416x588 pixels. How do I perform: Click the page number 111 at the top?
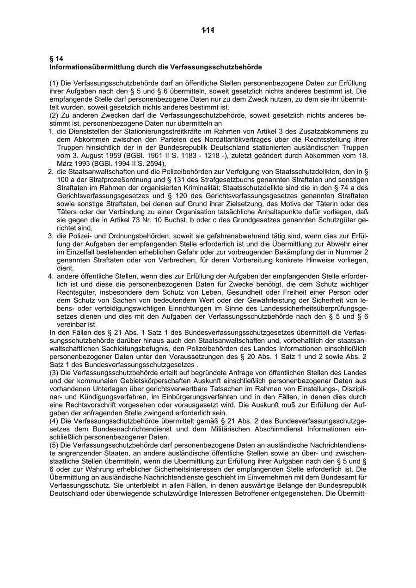click(x=208, y=30)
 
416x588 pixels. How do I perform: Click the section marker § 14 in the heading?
click(x=56, y=59)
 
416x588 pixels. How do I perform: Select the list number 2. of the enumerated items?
click(x=51, y=171)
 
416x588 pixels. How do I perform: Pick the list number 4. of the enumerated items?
click(x=51, y=276)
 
